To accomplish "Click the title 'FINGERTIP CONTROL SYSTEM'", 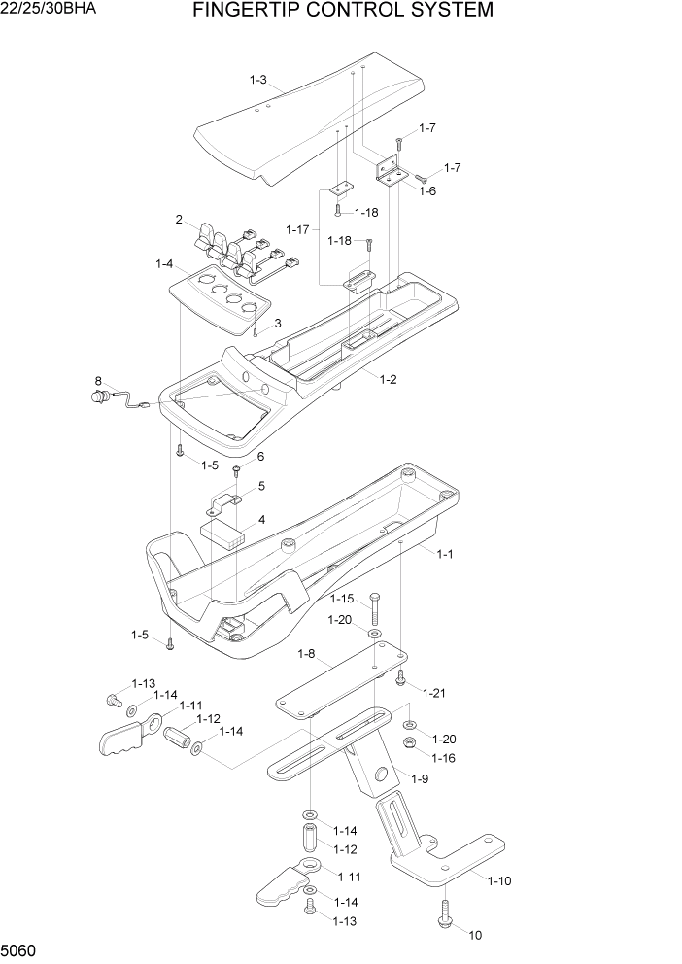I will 343,11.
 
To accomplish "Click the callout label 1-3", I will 257,80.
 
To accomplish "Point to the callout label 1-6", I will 427,191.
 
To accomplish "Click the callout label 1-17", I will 298,229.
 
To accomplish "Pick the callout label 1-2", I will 388,379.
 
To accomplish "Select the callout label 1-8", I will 306,654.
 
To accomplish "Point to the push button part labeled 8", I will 98,396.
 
